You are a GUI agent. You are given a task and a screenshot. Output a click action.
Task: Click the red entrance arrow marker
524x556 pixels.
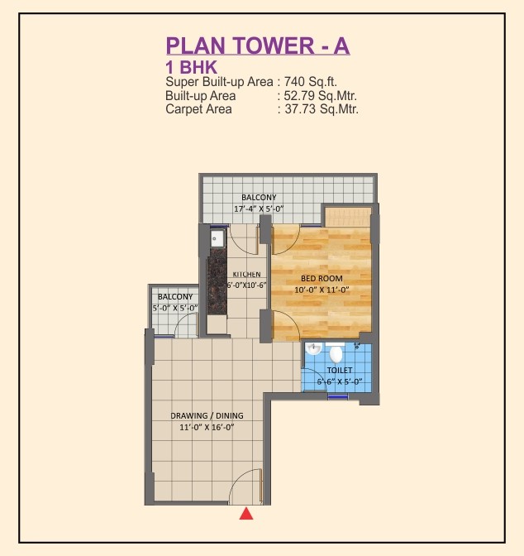point(246,514)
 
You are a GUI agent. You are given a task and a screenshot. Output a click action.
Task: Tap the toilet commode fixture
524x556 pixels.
point(336,352)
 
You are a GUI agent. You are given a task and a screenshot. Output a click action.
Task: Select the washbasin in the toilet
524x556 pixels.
point(313,348)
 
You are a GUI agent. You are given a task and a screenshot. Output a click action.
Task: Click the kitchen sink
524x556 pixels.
point(217,238)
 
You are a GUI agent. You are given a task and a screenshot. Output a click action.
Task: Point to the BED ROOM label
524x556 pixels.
point(322,278)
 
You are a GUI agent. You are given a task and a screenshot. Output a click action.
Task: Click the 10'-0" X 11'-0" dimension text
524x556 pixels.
point(322,290)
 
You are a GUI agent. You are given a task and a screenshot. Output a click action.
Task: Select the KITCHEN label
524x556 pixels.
point(246,274)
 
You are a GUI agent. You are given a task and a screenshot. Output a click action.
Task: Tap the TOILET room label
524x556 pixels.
point(340,370)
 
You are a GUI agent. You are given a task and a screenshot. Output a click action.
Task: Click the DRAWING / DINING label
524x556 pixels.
point(207,415)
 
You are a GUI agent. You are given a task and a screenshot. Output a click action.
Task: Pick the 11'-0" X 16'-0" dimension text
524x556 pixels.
point(207,427)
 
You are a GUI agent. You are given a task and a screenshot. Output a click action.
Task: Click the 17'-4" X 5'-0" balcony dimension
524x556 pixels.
point(259,208)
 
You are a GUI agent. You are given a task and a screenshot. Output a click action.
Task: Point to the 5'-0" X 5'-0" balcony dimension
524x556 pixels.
point(175,308)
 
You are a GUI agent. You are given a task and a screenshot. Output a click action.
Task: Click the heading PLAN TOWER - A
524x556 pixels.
point(258,46)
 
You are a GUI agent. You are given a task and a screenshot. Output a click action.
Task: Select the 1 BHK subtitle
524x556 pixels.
point(191,67)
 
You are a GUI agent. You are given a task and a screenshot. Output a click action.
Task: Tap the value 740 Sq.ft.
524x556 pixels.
point(311,82)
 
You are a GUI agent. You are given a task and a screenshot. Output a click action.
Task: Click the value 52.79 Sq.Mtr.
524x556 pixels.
point(321,96)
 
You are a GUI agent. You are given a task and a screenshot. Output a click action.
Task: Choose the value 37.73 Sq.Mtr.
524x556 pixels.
point(322,109)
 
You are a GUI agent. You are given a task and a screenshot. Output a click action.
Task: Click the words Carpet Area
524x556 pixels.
point(198,109)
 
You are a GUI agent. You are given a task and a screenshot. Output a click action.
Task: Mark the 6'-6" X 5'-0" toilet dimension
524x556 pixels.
point(340,381)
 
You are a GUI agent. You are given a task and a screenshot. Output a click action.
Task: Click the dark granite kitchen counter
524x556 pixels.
point(217,280)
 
